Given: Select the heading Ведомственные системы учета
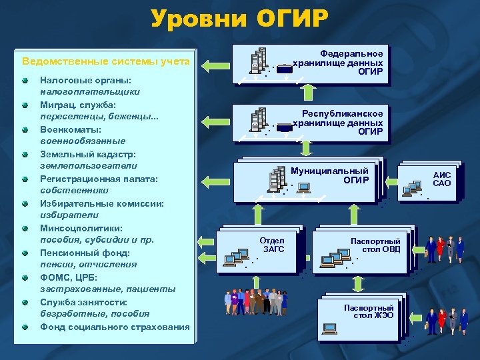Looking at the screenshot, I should (106, 62).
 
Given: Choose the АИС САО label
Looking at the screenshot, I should (441, 179).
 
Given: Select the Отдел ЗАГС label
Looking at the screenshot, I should (273, 245).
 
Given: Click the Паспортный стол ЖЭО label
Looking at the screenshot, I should (369, 311).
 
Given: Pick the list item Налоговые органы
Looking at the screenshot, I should (77, 81).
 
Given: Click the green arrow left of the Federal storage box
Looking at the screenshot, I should (215, 65).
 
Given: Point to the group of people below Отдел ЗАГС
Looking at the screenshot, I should (255, 302).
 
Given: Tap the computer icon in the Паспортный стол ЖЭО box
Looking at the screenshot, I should (329, 328).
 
